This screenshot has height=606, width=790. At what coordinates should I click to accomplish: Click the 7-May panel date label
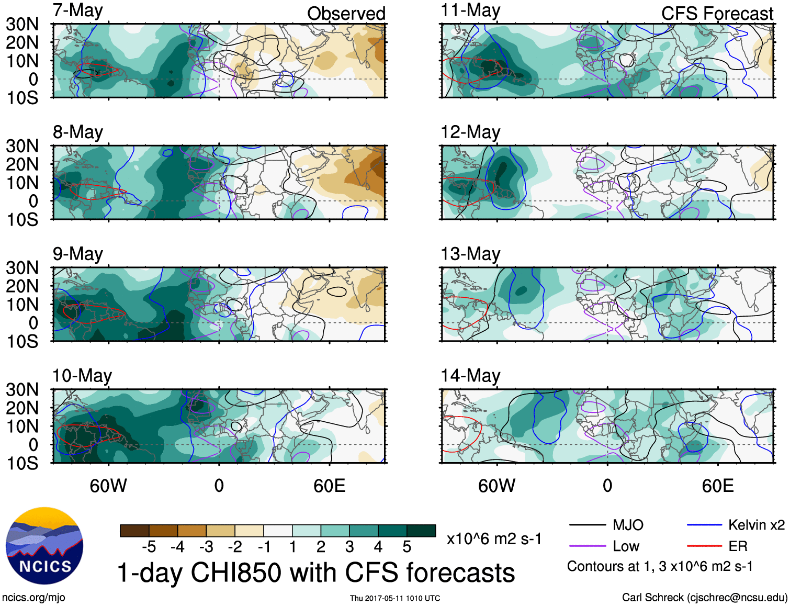(x=78, y=10)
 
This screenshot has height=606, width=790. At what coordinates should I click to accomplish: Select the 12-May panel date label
(x=470, y=132)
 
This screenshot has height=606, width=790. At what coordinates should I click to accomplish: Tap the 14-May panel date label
(x=470, y=375)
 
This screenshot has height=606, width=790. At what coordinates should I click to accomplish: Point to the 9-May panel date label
(x=78, y=254)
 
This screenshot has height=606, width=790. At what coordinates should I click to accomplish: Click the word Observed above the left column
(x=346, y=14)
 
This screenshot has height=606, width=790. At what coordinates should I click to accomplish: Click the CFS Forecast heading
(x=717, y=14)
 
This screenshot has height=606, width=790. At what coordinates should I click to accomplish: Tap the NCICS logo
(x=44, y=546)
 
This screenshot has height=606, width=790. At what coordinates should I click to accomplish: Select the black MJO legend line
(x=587, y=525)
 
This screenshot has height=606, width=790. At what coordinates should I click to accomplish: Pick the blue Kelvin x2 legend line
(x=704, y=525)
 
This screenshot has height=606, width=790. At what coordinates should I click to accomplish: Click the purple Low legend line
(x=587, y=546)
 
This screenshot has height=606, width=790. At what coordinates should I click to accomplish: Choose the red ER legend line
(x=704, y=546)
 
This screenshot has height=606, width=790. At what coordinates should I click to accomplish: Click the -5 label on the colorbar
(x=149, y=547)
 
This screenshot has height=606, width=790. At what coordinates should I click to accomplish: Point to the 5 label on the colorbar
(x=407, y=547)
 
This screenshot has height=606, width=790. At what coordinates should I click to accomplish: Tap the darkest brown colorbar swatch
(x=134, y=531)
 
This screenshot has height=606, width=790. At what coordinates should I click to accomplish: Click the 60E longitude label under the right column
(x=717, y=486)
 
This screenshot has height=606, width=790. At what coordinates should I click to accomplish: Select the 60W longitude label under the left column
(x=108, y=486)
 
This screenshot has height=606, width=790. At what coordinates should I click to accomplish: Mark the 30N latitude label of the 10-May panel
(x=22, y=389)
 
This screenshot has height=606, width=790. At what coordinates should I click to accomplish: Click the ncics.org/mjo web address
(x=33, y=598)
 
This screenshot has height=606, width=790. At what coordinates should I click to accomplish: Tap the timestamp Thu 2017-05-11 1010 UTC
(x=395, y=598)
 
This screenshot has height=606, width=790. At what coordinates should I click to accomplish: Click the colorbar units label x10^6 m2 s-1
(x=494, y=538)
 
